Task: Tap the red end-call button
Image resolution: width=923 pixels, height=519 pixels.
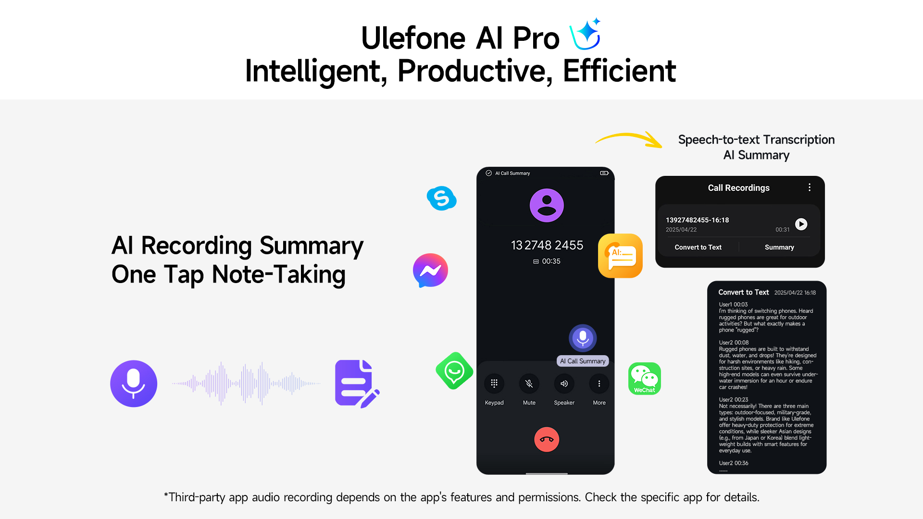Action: [547, 439]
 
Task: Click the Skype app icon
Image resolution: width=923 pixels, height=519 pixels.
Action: [441, 198]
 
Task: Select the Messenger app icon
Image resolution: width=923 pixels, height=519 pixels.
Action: [430, 270]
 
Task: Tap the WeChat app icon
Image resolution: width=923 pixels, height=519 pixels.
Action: [645, 379]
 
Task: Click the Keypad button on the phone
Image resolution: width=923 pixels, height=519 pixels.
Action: [494, 383]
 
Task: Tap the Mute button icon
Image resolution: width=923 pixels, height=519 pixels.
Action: [529, 383]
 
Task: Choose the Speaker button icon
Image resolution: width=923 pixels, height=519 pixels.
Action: [564, 383]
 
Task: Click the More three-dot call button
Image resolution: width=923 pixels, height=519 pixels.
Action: [599, 383]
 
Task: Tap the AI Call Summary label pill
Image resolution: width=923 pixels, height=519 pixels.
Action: [583, 361]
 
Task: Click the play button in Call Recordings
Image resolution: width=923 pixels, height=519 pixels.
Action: [801, 224]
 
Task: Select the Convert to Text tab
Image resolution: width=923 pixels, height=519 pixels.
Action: [698, 247]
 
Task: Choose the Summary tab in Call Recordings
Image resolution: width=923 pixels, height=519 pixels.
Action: [779, 247]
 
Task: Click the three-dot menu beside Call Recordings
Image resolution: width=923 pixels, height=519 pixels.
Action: [810, 187]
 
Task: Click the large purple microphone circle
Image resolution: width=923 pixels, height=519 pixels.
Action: [134, 383]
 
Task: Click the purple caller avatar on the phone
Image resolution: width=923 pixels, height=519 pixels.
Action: [547, 205]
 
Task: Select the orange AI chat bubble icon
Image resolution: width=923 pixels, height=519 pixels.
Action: [620, 256]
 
